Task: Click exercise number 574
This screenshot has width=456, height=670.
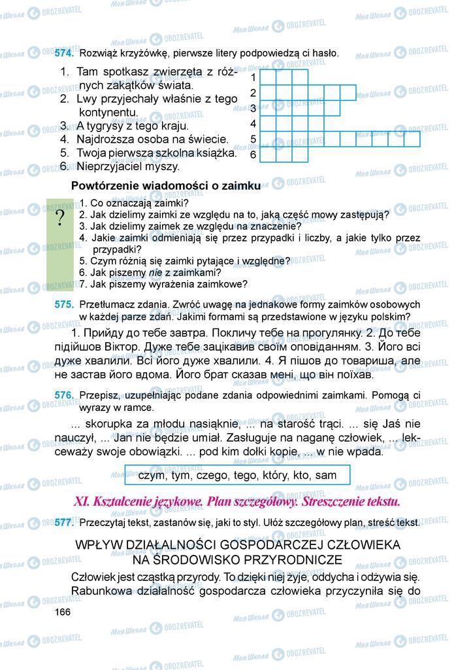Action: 65,53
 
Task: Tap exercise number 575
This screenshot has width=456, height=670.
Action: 65,305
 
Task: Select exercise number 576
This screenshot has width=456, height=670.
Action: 65,395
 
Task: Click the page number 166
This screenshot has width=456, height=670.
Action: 62,611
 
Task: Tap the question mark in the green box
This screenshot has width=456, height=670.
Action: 61,218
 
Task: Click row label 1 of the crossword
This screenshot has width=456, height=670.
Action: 253,77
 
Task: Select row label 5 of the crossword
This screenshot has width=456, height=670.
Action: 253,139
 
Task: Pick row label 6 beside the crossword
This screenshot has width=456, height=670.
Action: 253,155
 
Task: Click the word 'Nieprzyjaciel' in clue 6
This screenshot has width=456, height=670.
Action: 108,167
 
